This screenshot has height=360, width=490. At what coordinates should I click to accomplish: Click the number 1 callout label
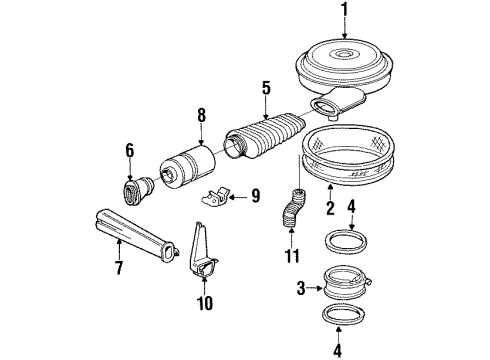pos(345,12)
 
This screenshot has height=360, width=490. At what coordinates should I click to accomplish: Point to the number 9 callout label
pos(255,197)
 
